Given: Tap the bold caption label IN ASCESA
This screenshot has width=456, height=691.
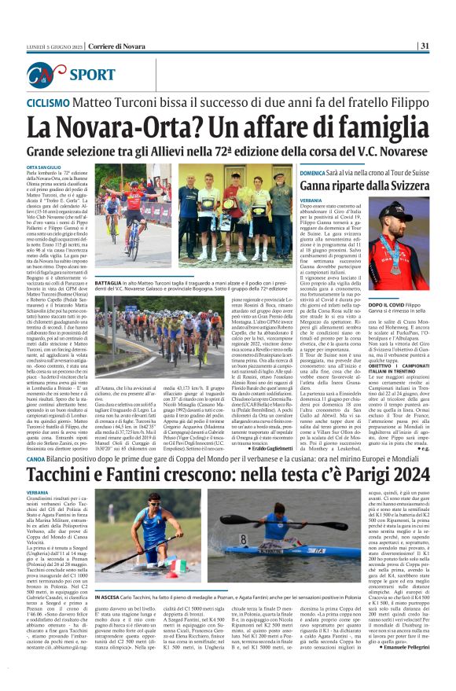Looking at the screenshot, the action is click(108, 575).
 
